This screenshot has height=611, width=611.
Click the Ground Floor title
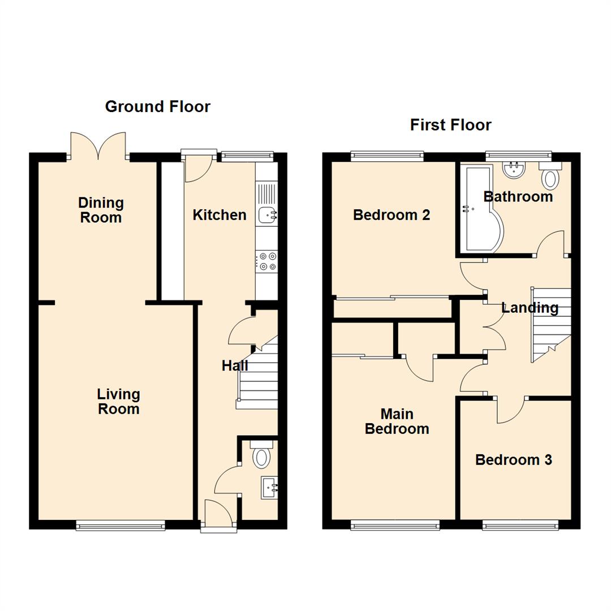coord(157,106)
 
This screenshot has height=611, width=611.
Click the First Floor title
coord(450,124)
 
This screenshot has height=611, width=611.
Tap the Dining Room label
coord(101,210)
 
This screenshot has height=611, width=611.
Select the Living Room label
coord(118,401)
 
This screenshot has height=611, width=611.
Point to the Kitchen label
coord(220,215)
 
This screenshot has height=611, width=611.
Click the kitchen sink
coord(267,215)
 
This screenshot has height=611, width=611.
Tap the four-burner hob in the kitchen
coord(266,261)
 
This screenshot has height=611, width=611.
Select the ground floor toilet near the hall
coord(261,454)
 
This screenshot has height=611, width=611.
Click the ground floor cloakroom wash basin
coord(269,487)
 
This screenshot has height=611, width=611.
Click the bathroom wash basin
coord(514,168)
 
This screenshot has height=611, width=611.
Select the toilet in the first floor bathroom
coord(549,175)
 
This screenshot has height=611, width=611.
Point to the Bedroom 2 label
coord(391,215)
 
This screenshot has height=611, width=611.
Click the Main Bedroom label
coord(397,421)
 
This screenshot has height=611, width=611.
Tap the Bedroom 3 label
coord(513,460)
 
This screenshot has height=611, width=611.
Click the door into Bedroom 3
coord(512,410)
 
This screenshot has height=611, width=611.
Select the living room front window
coord(121,526)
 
